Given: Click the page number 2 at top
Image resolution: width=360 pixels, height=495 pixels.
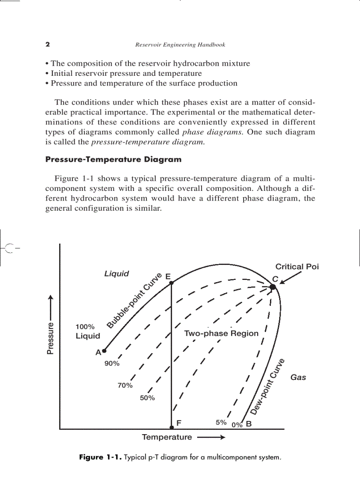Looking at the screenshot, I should pyautogui.click(x=48, y=45).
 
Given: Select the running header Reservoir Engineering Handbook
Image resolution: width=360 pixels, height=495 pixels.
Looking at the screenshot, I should pyautogui.click(x=180, y=45).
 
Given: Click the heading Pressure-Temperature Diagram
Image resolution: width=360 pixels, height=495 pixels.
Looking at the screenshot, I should pyautogui.click(x=113, y=160).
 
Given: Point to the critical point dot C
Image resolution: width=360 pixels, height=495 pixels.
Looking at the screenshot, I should pyautogui.click(x=273, y=287).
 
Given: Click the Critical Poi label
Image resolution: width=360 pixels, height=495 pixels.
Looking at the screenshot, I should pyautogui.click(x=296, y=267).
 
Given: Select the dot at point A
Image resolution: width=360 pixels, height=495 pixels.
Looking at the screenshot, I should pyautogui.click(x=104, y=351).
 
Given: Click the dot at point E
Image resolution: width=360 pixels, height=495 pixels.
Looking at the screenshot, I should pyautogui.click(x=172, y=283).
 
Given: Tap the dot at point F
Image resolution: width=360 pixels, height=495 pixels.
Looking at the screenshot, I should pyautogui.click(x=172, y=428).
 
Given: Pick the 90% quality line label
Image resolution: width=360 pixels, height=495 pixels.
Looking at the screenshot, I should pyautogui.click(x=112, y=364).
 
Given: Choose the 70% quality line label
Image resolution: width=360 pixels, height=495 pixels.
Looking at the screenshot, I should pyautogui.click(x=125, y=385).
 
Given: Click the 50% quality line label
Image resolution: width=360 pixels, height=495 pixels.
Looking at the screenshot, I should pyautogui.click(x=147, y=398).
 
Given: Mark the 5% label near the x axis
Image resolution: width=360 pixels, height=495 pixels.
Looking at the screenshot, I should pyautogui.click(x=221, y=422).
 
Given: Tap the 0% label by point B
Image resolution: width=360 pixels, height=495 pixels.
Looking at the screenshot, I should pyautogui.click(x=237, y=425).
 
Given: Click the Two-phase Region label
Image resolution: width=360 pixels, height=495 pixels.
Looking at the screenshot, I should pyautogui.click(x=221, y=333).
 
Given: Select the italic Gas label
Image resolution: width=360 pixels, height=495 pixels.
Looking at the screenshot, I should pyautogui.click(x=298, y=377).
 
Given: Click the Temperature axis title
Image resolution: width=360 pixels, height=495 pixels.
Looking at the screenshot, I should pyautogui.click(x=167, y=437).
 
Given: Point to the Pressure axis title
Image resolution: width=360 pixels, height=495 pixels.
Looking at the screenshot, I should pyautogui.click(x=51, y=339).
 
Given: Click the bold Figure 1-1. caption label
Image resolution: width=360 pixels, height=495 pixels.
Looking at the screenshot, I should pyautogui.click(x=100, y=457).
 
